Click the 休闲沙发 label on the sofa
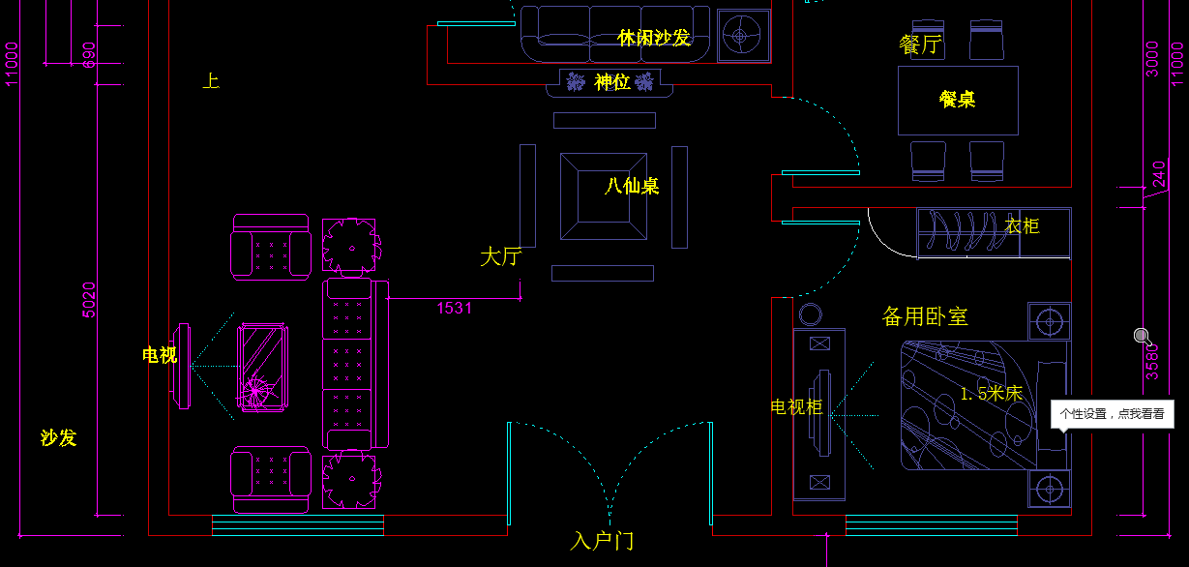[x=654, y=38]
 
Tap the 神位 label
[x=612, y=82]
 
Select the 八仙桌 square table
[x=605, y=196]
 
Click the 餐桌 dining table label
[x=957, y=99]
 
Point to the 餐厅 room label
[x=919, y=45]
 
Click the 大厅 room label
[x=501, y=256]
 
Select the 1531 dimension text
[x=454, y=308]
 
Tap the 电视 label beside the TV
[x=160, y=355]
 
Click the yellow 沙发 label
[x=58, y=437]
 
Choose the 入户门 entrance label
[x=602, y=540]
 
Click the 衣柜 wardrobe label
[x=1022, y=226]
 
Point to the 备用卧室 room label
[x=924, y=316]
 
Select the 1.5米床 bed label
[x=991, y=393]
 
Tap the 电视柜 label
[x=795, y=407]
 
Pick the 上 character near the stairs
[x=210, y=81]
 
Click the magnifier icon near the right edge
[x=1143, y=337]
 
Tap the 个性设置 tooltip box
[x=1113, y=414]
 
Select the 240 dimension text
[x=1159, y=175]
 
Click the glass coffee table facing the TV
[x=262, y=368]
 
